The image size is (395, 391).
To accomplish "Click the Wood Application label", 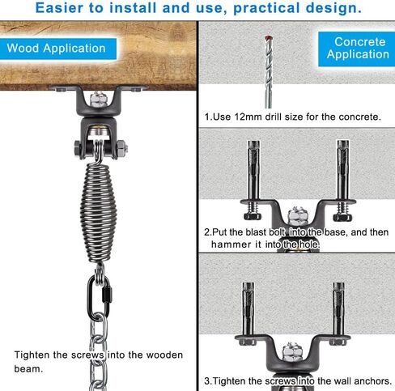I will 57,48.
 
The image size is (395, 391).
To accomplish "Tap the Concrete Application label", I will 358,48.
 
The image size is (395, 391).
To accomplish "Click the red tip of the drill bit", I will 263,39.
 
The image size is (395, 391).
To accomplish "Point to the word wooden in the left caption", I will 154,354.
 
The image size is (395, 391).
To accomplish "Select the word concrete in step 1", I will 355,117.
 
